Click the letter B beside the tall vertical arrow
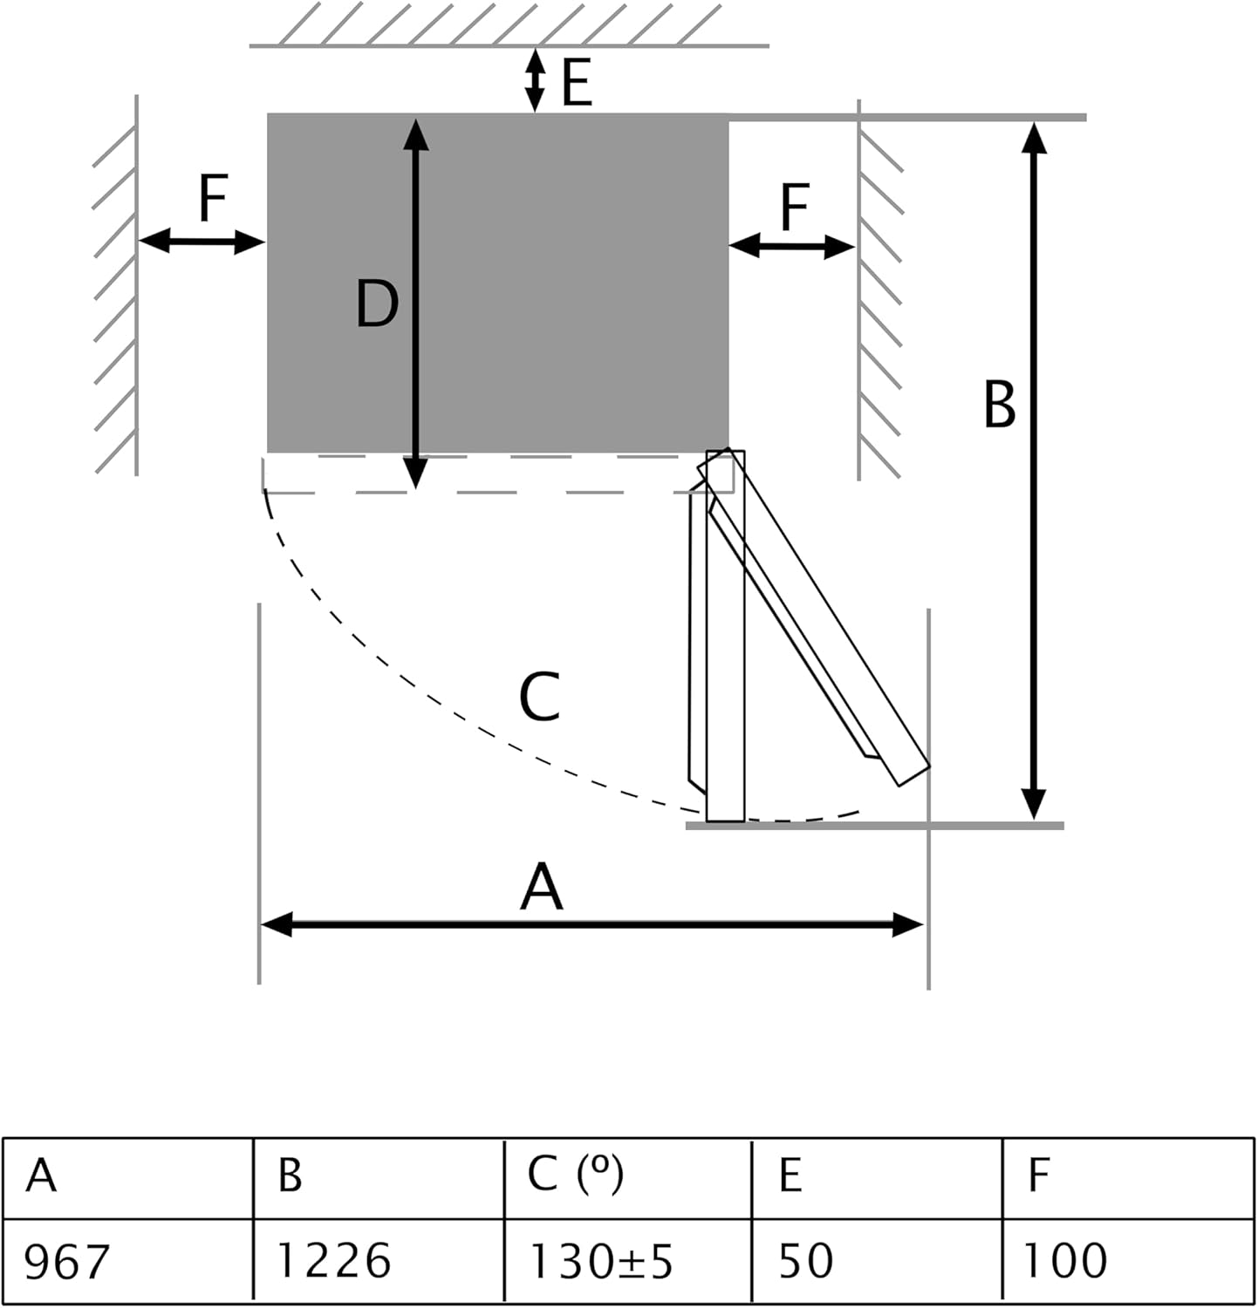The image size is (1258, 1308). click(1000, 404)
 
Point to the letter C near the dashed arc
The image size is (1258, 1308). click(539, 697)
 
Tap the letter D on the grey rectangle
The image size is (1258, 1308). click(377, 303)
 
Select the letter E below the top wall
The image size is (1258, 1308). click(577, 83)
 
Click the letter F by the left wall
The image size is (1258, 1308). click(214, 199)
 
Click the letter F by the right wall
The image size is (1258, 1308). click(795, 208)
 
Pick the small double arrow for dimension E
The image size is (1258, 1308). click(535, 79)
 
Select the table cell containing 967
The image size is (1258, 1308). click(127, 1260)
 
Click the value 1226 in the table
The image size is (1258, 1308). click(379, 1260)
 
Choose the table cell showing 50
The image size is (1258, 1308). click(877, 1260)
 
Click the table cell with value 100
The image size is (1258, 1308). click(1128, 1260)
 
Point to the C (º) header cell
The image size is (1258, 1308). click(628, 1177)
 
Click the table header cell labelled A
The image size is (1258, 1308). click(127, 1177)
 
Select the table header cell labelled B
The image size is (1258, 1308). click(379, 1177)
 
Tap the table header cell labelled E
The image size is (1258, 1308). click(877, 1177)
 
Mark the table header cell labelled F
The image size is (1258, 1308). click(1128, 1177)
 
